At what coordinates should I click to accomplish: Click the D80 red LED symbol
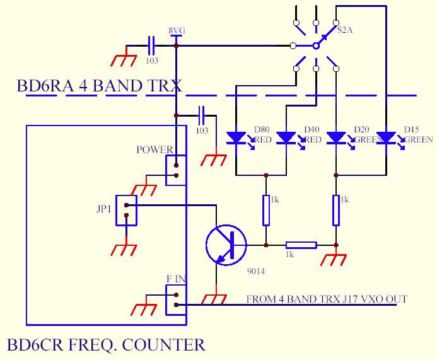point(236,137)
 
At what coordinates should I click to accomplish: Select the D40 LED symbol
point(286,137)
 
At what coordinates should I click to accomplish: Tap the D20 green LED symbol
point(336,137)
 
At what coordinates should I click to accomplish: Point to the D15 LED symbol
point(385,137)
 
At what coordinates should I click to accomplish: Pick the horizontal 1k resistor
point(301,245)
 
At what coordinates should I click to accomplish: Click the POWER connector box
point(176,170)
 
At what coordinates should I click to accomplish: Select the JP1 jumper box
point(126,211)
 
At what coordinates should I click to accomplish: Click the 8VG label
point(176,30)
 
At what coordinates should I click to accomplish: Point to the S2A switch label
point(346,30)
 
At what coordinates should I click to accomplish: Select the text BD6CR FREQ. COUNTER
point(106,345)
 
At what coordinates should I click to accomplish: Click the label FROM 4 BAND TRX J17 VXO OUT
point(326,299)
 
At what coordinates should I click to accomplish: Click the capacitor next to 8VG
point(151,45)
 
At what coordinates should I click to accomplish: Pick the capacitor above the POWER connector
point(202,115)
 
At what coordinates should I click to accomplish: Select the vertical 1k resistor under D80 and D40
point(266,210)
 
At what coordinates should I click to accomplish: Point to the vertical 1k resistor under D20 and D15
point(335,210)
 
